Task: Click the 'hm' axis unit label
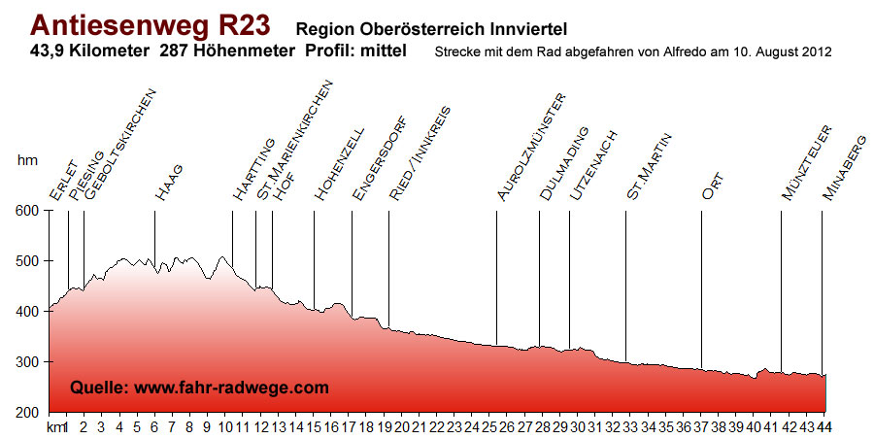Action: (26, 160)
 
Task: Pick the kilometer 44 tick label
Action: (824, 426)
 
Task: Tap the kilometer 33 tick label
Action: (630, 426)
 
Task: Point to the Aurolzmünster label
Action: (530, 148)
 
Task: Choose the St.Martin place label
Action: (650, 167)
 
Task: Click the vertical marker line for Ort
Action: (701, 291)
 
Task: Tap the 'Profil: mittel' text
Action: (355, 51)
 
